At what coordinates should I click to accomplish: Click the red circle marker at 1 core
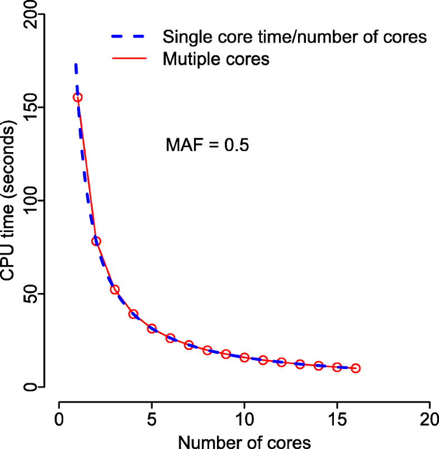[x=78, y=97]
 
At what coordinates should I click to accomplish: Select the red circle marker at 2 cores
[x=96, y=241]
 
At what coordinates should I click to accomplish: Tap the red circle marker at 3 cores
[x=115, y=290]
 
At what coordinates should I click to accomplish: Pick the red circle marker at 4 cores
[x=133, y=314]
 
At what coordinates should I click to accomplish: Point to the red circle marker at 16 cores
[x=355, y=368]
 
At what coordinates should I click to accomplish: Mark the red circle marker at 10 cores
[x=244, y=357]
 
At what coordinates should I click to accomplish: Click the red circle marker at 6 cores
[x=171, y=338]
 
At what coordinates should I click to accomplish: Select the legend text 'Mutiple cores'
[x=216, y=59]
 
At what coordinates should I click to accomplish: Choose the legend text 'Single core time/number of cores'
[x=295, y=38]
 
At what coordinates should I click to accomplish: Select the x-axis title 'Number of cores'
[x=244, y=442]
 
